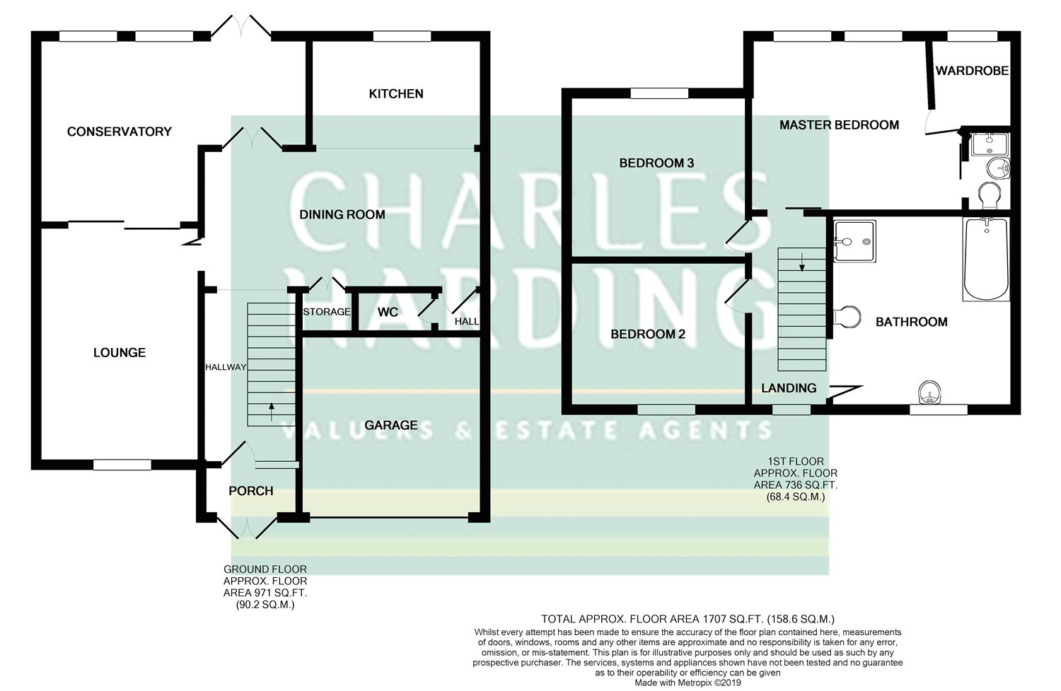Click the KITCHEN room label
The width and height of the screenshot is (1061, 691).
click(396, 94)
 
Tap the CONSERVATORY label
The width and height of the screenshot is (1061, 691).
click(120, 132)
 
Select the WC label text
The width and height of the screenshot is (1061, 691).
click(388, 312)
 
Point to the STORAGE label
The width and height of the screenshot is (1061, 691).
click(327, 312)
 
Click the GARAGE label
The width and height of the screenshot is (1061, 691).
click(390, 425)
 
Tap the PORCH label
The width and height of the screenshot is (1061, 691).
click(251, 491)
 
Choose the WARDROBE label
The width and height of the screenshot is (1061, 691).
click(972, 71)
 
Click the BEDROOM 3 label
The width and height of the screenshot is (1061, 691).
click(656, 163)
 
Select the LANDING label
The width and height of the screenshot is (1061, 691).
click(789, 388)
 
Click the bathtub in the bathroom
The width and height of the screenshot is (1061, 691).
click(986, 259)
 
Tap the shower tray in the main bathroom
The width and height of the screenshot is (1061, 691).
click(854, 241)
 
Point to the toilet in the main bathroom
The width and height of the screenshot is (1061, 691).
click(847, 316)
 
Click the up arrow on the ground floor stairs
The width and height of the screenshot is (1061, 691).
click(272, 412)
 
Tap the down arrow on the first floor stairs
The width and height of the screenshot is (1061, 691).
click(802, 262)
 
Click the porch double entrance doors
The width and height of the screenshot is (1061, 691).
click(247, 528)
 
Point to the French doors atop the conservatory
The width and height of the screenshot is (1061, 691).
click(241, 26)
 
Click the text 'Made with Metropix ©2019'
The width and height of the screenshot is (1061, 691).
click(688, 683)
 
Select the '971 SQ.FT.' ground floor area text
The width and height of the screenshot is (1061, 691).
click(265, 593)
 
